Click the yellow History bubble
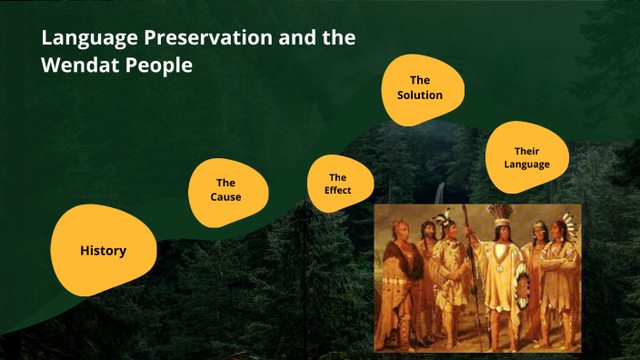103,250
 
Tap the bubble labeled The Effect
337,184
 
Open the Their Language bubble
527,157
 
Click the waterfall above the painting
442,193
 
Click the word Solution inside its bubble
420,95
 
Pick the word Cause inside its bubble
226,197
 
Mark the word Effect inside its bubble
337,191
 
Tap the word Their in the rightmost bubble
527,151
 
